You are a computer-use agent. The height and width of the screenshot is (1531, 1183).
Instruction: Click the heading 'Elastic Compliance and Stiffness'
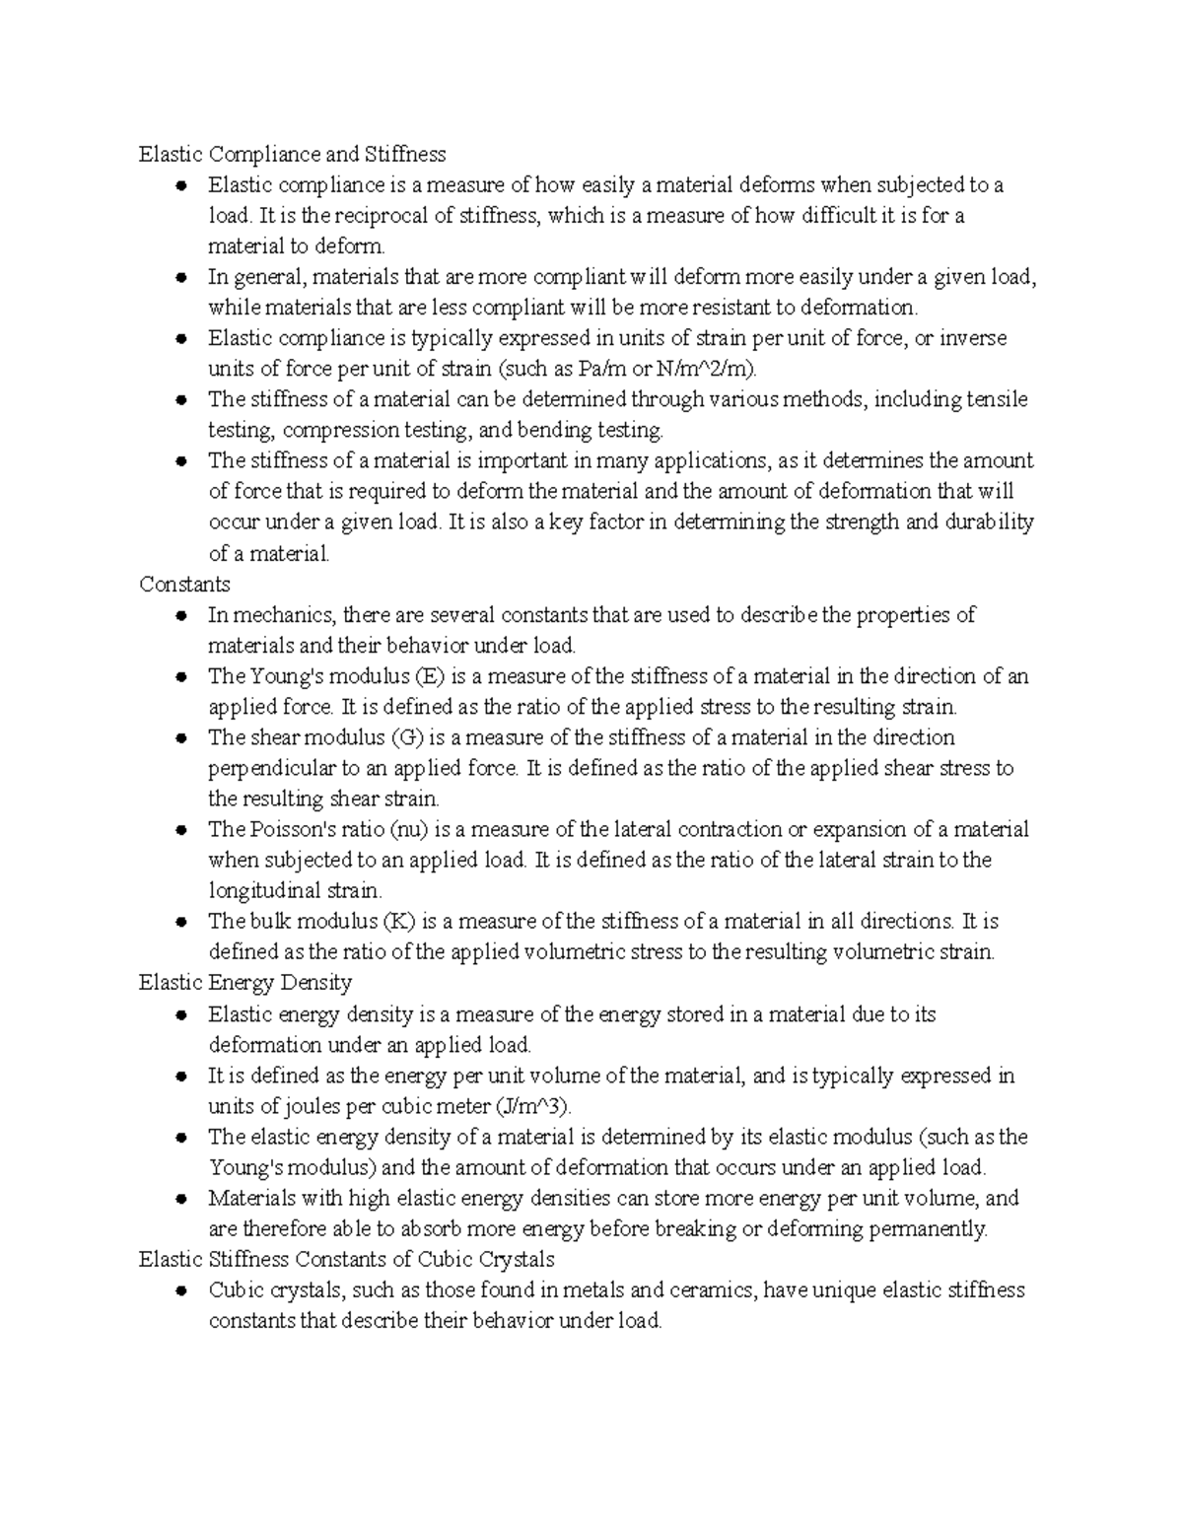(292, 154)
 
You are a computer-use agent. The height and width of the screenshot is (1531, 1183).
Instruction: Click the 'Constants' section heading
(184, 584)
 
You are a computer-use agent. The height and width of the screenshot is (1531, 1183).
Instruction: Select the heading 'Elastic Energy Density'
(244, 982)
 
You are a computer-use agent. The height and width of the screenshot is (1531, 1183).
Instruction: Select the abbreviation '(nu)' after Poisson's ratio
(409, 829)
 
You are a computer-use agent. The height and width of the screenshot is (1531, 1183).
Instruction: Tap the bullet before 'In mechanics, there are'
(180, 616)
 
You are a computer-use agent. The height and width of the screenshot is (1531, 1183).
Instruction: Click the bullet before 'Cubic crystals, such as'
(180, 1290)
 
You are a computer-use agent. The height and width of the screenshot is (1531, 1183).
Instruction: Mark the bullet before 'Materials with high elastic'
(180, 1199)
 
